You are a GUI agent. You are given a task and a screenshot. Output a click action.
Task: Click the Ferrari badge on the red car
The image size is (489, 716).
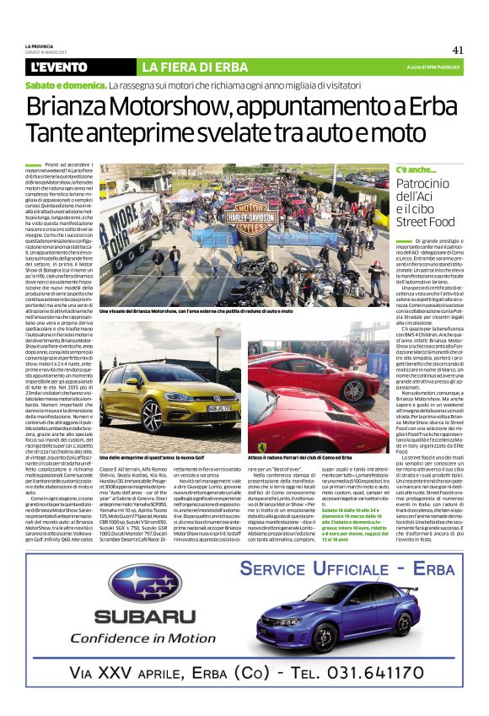261,444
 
